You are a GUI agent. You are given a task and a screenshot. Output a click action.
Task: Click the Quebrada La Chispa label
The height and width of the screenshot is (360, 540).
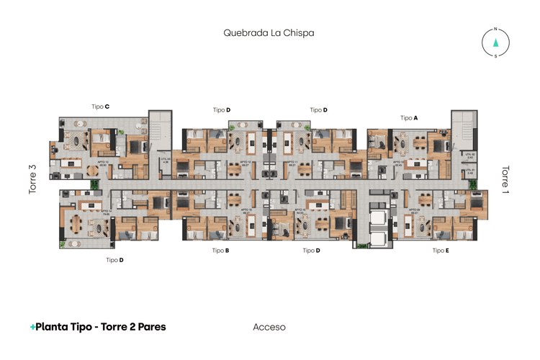(x=269, y=32)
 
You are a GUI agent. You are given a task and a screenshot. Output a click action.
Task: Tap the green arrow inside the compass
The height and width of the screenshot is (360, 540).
(x=495, y=42)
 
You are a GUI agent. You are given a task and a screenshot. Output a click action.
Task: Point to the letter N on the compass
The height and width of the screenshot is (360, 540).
(x=495, y=30)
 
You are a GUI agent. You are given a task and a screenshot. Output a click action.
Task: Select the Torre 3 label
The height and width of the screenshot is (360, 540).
(x=32, y=180)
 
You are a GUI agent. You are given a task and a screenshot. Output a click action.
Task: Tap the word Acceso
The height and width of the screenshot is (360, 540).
(x=269, y=327)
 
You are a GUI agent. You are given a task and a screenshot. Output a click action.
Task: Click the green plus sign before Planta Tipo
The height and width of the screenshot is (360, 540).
(x=32, y=327)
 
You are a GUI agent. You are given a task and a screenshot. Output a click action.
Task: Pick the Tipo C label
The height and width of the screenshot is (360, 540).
(x=100, y=107)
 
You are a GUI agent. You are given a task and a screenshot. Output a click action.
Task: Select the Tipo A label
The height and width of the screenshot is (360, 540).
(x=409, y=117)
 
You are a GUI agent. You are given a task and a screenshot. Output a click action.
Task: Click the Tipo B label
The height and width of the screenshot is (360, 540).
(x=221, y=251)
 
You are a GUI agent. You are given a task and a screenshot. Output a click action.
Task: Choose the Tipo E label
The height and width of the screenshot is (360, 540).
(x=441, y=251)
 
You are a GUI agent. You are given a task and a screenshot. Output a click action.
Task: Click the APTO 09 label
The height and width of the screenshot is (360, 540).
(x=414, y=212)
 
